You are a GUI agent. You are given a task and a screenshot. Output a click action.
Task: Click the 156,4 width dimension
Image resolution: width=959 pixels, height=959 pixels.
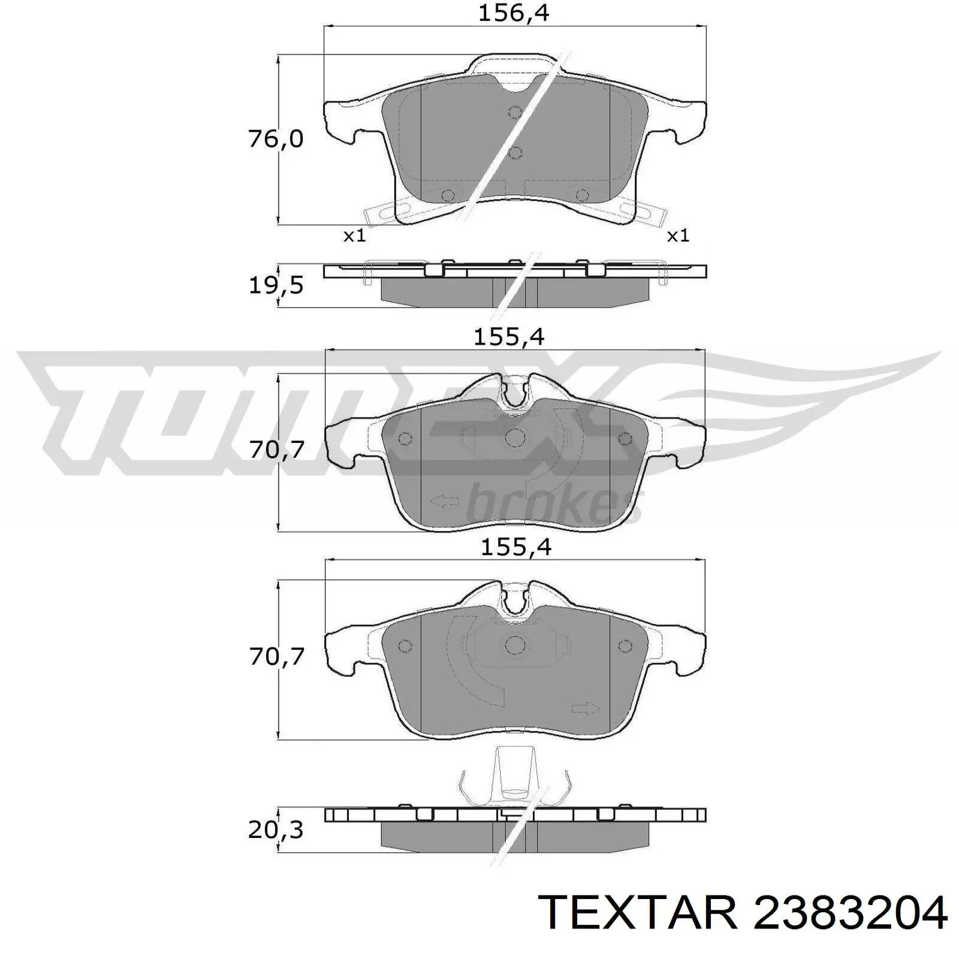513,13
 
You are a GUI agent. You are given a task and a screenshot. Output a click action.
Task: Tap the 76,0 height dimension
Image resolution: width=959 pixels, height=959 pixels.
276,140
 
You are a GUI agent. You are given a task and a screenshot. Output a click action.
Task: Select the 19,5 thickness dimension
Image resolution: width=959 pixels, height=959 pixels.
276,286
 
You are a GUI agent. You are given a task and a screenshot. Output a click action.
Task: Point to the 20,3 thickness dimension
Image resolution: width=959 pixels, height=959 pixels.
276,830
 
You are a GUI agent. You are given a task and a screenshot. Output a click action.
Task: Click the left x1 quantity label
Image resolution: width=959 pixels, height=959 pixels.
354,236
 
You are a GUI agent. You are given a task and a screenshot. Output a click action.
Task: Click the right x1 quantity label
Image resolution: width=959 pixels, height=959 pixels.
678,236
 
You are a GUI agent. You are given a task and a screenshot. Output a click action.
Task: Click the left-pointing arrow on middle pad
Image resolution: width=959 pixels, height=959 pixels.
445,501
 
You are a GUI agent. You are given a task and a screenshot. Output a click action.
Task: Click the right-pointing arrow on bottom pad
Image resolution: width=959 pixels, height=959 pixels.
586,708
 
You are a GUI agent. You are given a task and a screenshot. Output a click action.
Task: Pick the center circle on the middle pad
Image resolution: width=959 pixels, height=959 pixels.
514,438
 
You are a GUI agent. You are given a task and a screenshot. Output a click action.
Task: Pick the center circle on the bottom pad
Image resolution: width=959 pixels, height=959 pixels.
514,645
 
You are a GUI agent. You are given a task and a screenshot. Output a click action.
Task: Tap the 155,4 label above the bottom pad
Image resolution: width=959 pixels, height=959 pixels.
515,547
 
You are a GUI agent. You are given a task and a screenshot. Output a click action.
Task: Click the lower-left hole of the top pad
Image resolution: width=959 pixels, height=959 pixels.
447,195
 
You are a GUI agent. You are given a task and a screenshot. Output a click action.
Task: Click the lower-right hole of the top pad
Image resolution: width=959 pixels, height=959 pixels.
581,195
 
